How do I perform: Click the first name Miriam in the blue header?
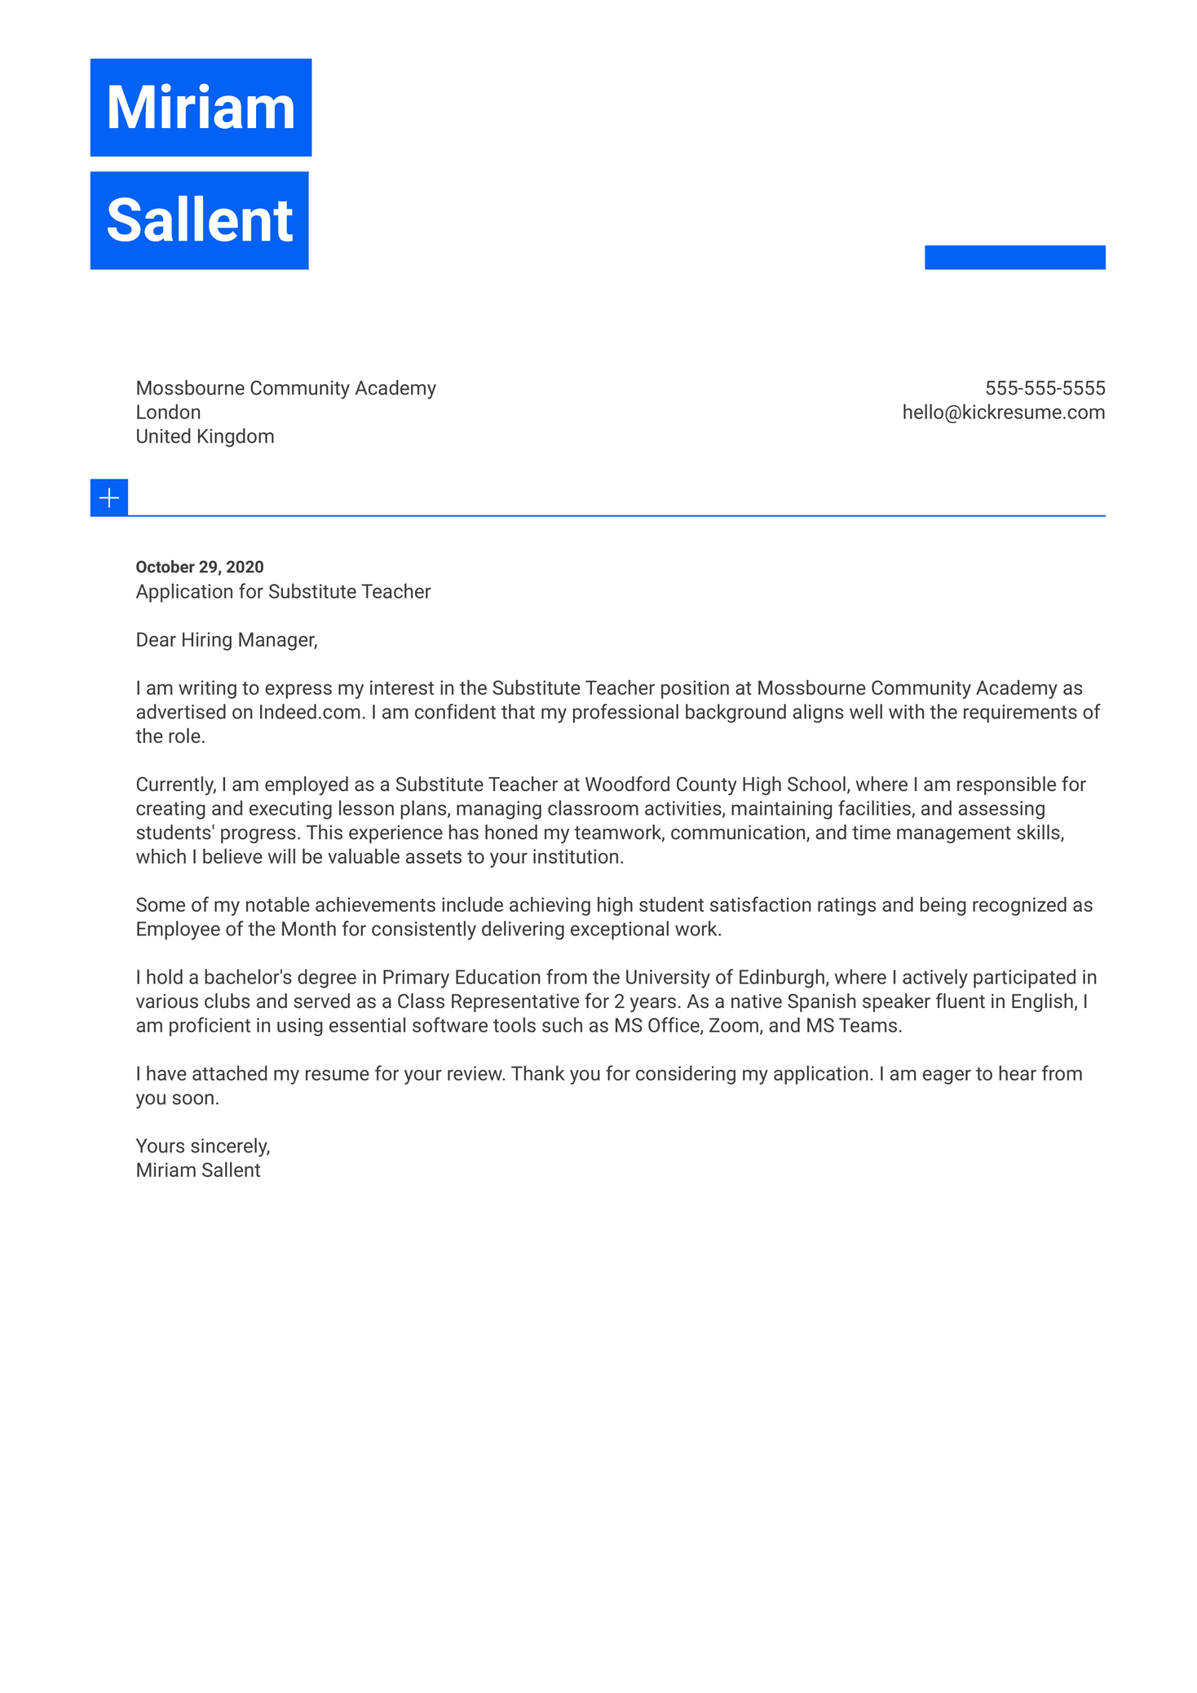pyautogui.click(x=201, y=108)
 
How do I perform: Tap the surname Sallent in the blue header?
pyautogui.click(x=199, y=220)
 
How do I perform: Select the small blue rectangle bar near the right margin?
pyautogui.click(x=1014, y=257)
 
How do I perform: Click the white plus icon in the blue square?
pyautogui.click(x=109, y=497)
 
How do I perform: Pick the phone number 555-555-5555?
pyautogui.click(x=1045, y=388)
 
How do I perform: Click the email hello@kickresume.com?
pyautogui.click(x=1003, y=413)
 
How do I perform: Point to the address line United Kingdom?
pyautogui.click(x=205, y=436)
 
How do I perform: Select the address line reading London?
pyautogui.click(x=168, y=413)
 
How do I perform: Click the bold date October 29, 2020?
pyautogui.click(x=200, y=567)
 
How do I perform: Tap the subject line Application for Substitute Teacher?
pyautogui.click(x=283, y=591)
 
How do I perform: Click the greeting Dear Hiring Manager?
pyautogui.click(x=226, y=640)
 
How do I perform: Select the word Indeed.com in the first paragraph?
pyautogui.click(x=309, y=713)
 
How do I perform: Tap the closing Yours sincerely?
pyautogui.click(x=202, y=1147)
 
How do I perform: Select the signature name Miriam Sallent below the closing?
pyautogui.click(x=198, y=1171)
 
